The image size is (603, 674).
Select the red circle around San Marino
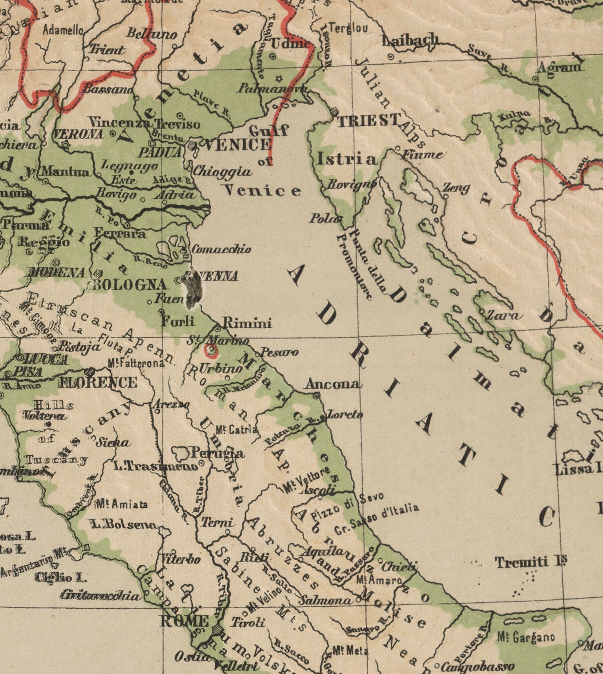pos(211,351)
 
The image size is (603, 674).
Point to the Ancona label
pos(332,384)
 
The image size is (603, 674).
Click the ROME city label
pos(184,622)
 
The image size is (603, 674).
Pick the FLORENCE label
pos(98,382)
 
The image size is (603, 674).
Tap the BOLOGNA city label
pos(130,285)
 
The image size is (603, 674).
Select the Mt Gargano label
pos(526,637)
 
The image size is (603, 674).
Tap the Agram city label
pos(559,68)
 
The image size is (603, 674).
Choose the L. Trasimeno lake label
pos(156,466)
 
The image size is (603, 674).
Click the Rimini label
pos(247,323)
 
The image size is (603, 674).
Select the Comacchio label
pos(221,249)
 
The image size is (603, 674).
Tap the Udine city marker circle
pos(273,57)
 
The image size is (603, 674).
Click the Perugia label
pos(217,453)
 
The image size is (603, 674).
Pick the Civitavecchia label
pos(101,595)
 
